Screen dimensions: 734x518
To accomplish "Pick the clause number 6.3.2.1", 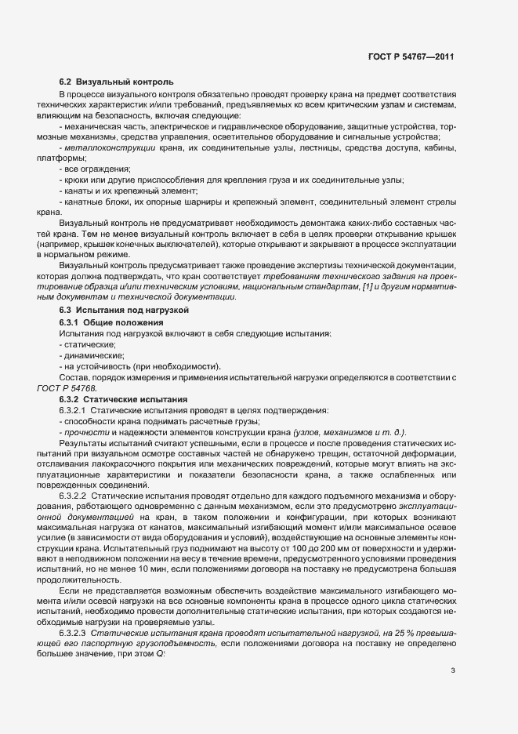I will [73, 410].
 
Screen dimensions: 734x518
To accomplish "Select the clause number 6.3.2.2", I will [73, 497].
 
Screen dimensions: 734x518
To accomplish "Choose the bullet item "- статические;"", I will [87, 344].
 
